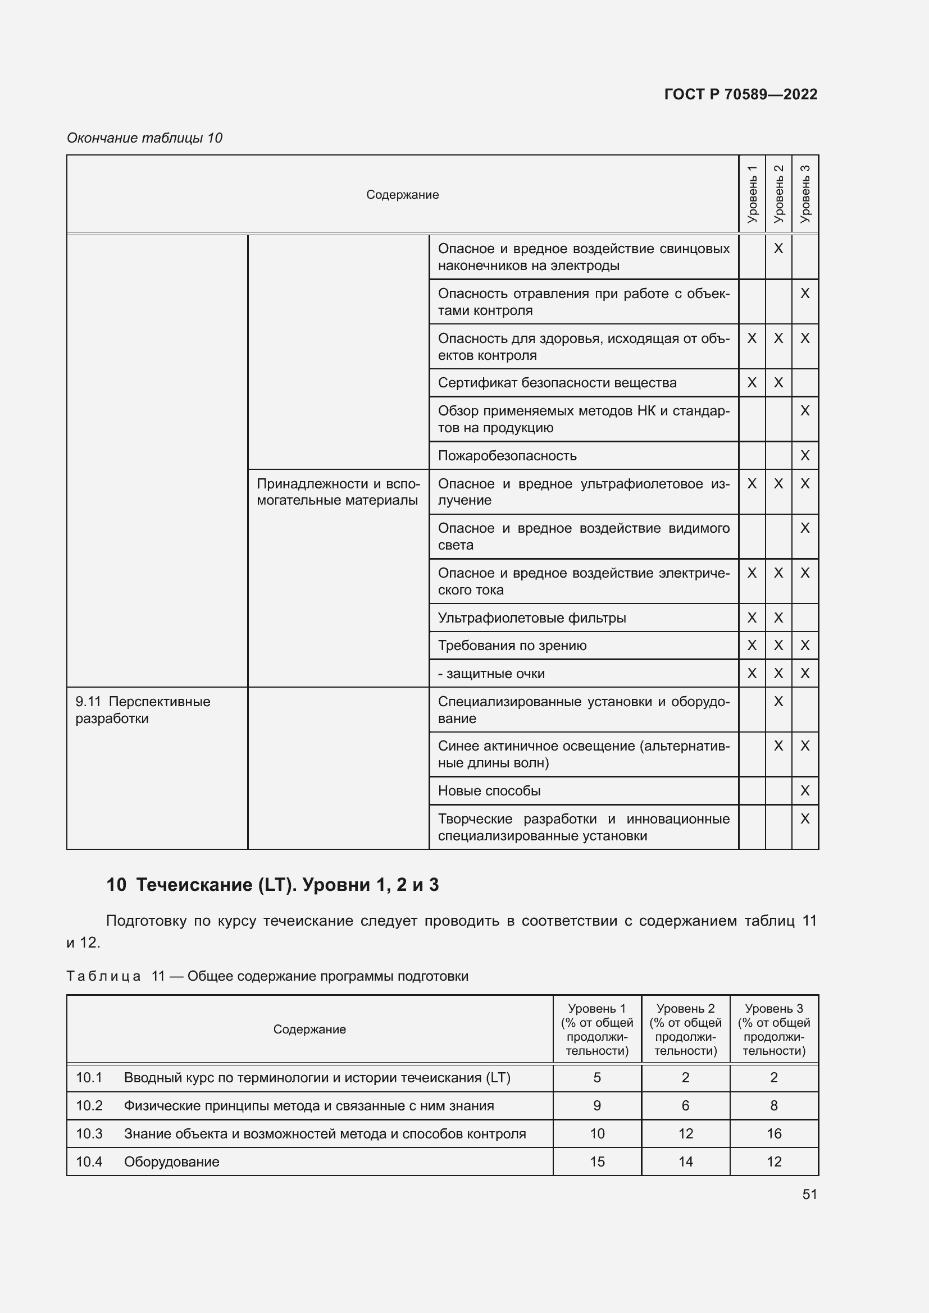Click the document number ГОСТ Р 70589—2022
[740, 94]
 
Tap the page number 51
[809, 1194]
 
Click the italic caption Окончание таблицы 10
[144, 138]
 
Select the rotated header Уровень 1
[752, 194]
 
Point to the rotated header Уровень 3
[805, 194]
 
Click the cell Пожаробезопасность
[507, 456]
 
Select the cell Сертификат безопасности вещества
[557, 383]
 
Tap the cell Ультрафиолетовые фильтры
[531, 617]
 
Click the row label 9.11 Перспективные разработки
[143, 710]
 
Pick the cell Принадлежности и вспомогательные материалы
[338, 492]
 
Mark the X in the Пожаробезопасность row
[805, 456]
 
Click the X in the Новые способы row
[805, 791]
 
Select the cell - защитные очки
[491, 674]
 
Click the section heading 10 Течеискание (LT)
[272, 885]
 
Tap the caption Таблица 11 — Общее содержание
[267, 976]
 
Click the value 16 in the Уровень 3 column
[773, 1133]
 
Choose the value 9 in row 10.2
[596, 1105]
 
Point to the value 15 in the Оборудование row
[596, 1161]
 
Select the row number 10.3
[89, 1133]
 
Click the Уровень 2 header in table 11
[685, 1030]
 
